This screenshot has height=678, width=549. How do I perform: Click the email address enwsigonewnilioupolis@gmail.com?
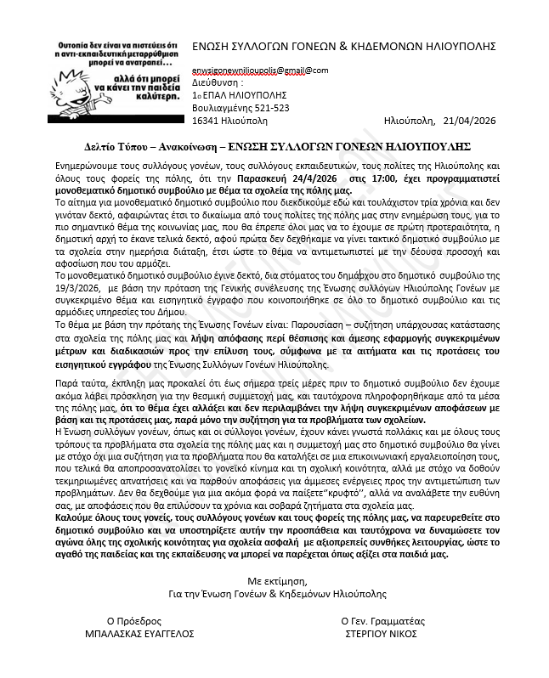260,71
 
